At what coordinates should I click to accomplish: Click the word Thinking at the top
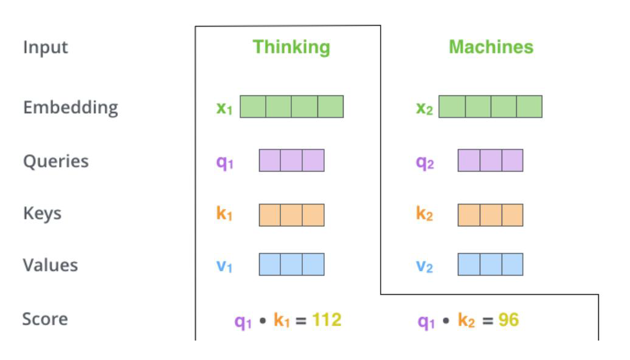291,47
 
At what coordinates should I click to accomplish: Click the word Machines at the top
491,47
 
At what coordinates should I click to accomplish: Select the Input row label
46,47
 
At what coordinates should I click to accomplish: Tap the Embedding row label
71,107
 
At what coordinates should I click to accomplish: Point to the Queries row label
56,161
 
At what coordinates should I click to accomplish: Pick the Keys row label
42,213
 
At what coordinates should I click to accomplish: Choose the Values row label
50,265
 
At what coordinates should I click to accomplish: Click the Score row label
45,319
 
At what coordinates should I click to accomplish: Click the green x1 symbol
224,108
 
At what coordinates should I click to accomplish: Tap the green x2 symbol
424,108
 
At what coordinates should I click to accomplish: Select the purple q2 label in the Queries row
424,162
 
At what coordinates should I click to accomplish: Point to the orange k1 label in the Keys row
224,214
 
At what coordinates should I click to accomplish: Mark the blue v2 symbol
424,266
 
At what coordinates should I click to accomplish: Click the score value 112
327,320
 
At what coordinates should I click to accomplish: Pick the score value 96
508,320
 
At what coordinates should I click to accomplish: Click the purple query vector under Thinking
291,161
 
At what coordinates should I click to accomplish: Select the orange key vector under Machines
490,215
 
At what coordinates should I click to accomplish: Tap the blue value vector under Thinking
291,265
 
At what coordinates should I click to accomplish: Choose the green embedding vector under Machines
490,106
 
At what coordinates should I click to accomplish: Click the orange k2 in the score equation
466,320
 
